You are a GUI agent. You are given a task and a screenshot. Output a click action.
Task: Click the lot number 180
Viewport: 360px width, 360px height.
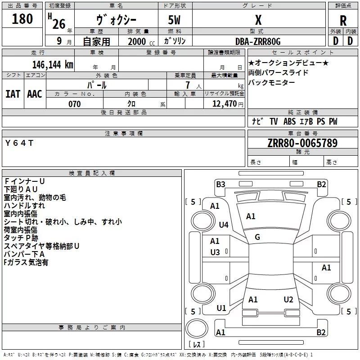[22, 19]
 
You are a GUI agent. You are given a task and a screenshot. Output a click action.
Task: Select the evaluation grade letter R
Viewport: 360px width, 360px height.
[343, 21]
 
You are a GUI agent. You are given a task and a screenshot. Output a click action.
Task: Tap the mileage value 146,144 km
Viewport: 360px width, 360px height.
[53, 65]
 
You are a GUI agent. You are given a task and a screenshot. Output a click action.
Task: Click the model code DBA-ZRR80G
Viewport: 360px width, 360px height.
[258, 41]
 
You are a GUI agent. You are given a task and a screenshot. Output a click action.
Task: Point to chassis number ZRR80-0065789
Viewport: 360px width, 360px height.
[302, 143]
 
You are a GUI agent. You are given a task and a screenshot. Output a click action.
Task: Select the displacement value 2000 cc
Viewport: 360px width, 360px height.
[141, 41]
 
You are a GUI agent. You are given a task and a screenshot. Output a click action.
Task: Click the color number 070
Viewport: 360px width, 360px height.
[75, 104]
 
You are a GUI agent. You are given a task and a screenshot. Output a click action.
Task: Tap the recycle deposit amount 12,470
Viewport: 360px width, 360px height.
[224, 104]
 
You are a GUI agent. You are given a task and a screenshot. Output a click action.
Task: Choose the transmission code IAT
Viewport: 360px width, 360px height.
[13, 94]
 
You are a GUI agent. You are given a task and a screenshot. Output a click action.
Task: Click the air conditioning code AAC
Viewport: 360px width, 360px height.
[35, 94]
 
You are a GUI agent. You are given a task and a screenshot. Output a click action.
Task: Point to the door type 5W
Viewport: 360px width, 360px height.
[174, 20]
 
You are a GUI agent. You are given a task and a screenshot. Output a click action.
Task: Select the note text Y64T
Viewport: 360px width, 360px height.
[19, 143]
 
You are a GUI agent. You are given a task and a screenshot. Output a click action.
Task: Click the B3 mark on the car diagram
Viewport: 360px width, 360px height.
[220, 184]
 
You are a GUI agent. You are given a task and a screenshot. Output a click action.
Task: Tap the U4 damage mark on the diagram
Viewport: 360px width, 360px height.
[224, 225]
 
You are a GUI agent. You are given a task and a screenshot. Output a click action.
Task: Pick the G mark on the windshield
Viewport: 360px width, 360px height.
[257, 237]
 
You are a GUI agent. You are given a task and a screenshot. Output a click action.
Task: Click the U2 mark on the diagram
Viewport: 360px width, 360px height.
[288, 300]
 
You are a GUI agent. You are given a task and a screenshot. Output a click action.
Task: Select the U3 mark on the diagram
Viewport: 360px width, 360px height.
[215, 252]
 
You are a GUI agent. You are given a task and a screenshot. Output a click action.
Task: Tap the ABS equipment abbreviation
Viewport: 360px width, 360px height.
[289, 121]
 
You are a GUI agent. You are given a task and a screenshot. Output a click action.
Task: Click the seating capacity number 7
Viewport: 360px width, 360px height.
[188, 85]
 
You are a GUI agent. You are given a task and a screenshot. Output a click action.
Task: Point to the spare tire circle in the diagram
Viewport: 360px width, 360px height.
[197, 328]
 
